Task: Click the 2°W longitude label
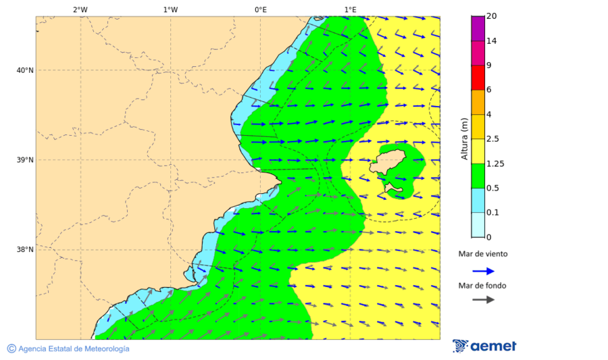point(80,9)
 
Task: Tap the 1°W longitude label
point(170,9)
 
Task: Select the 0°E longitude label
point(260,9)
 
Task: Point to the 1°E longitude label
point(350,9)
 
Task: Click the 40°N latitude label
point(24,70)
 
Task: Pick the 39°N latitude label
point(24,160)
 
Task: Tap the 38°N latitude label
point(24,250)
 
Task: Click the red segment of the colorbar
point(478,78)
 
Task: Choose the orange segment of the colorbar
point(478,102)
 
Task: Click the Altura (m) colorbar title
point(464,138)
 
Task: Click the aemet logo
point(484,346)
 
